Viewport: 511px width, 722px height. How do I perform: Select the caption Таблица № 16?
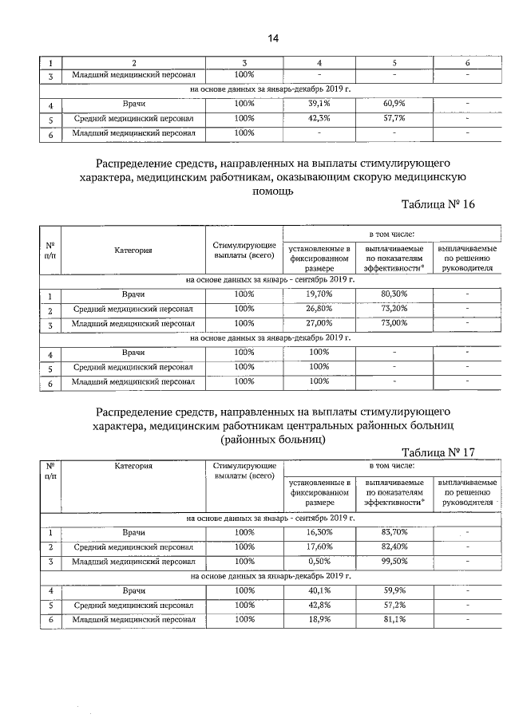tap(439, 205)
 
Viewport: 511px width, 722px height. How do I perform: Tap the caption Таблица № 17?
tap(439, 452)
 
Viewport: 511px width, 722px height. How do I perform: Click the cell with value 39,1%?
tap(319, 104)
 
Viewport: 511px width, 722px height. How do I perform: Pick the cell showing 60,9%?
tap(394, 104)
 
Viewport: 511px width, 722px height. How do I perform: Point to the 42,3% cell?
tap(319, 118)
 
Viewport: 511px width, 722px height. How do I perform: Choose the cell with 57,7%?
tap(394, 118)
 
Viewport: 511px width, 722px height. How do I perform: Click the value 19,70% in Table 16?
tap(319, 294)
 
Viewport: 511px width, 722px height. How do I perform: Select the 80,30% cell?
tap(394, 294)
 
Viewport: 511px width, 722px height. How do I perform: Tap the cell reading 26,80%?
tap(319, 309)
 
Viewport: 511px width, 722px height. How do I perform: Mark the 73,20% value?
tap(394, 309)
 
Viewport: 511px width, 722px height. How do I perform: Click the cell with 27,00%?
tap(319, 323)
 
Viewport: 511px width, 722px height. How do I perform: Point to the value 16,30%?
tap(319, 532)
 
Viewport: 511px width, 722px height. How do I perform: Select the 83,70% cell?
tap(394, 532)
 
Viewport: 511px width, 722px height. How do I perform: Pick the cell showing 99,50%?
tap(394, 562)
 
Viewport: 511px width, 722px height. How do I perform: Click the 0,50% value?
tap(319, 562)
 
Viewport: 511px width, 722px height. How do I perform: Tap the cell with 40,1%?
tap(319, 590)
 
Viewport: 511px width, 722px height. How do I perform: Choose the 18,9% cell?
tap(319, 619)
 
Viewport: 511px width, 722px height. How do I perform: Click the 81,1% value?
tap(394, 619)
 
